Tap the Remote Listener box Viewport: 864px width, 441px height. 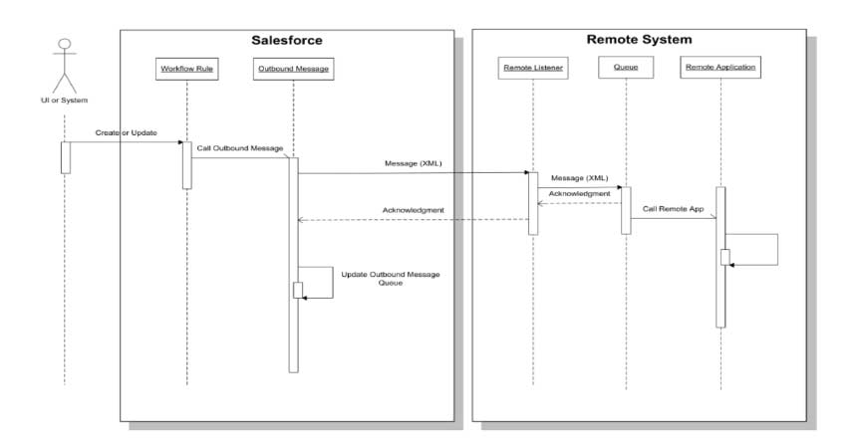click(x=533, y=70)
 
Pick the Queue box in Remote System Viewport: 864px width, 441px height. click(x=626, y=70)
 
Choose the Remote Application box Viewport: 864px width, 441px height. click(x=720, y=70)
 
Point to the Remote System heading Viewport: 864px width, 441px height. click(x=638, y=41)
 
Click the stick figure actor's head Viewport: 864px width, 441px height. click(x=66, y=44)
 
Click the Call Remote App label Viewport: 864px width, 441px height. click(x=673, y=211)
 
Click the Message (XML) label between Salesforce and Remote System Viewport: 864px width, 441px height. click(x=413, y=163)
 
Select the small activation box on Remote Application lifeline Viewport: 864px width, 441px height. click(x=726, y=257)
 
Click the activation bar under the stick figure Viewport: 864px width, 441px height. click(x=66, y=157)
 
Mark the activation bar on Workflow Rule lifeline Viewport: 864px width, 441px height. click(x=186, y=164)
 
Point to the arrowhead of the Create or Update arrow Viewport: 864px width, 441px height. click(x=178, y=143)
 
